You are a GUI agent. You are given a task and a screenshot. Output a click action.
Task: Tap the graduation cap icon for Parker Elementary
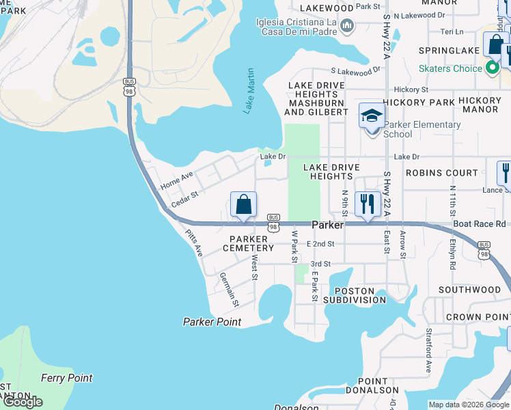[x=372, y=115]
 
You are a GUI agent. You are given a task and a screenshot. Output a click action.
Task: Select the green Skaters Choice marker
[x=491, y=68]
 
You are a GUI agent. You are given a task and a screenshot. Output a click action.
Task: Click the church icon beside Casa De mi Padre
[x=347, y=26]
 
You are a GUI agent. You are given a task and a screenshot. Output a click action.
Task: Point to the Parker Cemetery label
[x=247, y=243]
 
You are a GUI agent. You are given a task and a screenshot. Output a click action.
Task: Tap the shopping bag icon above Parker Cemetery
[x=244, y=204]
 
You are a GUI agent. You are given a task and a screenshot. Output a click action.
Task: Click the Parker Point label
[x=212, y=322]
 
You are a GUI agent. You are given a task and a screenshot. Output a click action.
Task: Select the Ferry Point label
[x=66, y=378]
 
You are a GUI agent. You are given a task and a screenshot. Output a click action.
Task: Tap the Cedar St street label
[x=184, y=200]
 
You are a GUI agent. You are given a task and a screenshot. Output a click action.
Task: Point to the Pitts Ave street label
[x=195, y=243]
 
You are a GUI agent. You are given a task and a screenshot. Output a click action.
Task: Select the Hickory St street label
[x=411, y=89]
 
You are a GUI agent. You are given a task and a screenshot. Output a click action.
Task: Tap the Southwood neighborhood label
[x=469, y=290]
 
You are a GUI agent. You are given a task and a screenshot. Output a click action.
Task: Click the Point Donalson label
[x=377, y=385]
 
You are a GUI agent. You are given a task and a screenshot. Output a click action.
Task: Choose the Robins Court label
[x=441, y=173]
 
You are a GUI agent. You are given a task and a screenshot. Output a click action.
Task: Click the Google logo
[x=23, y=402]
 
